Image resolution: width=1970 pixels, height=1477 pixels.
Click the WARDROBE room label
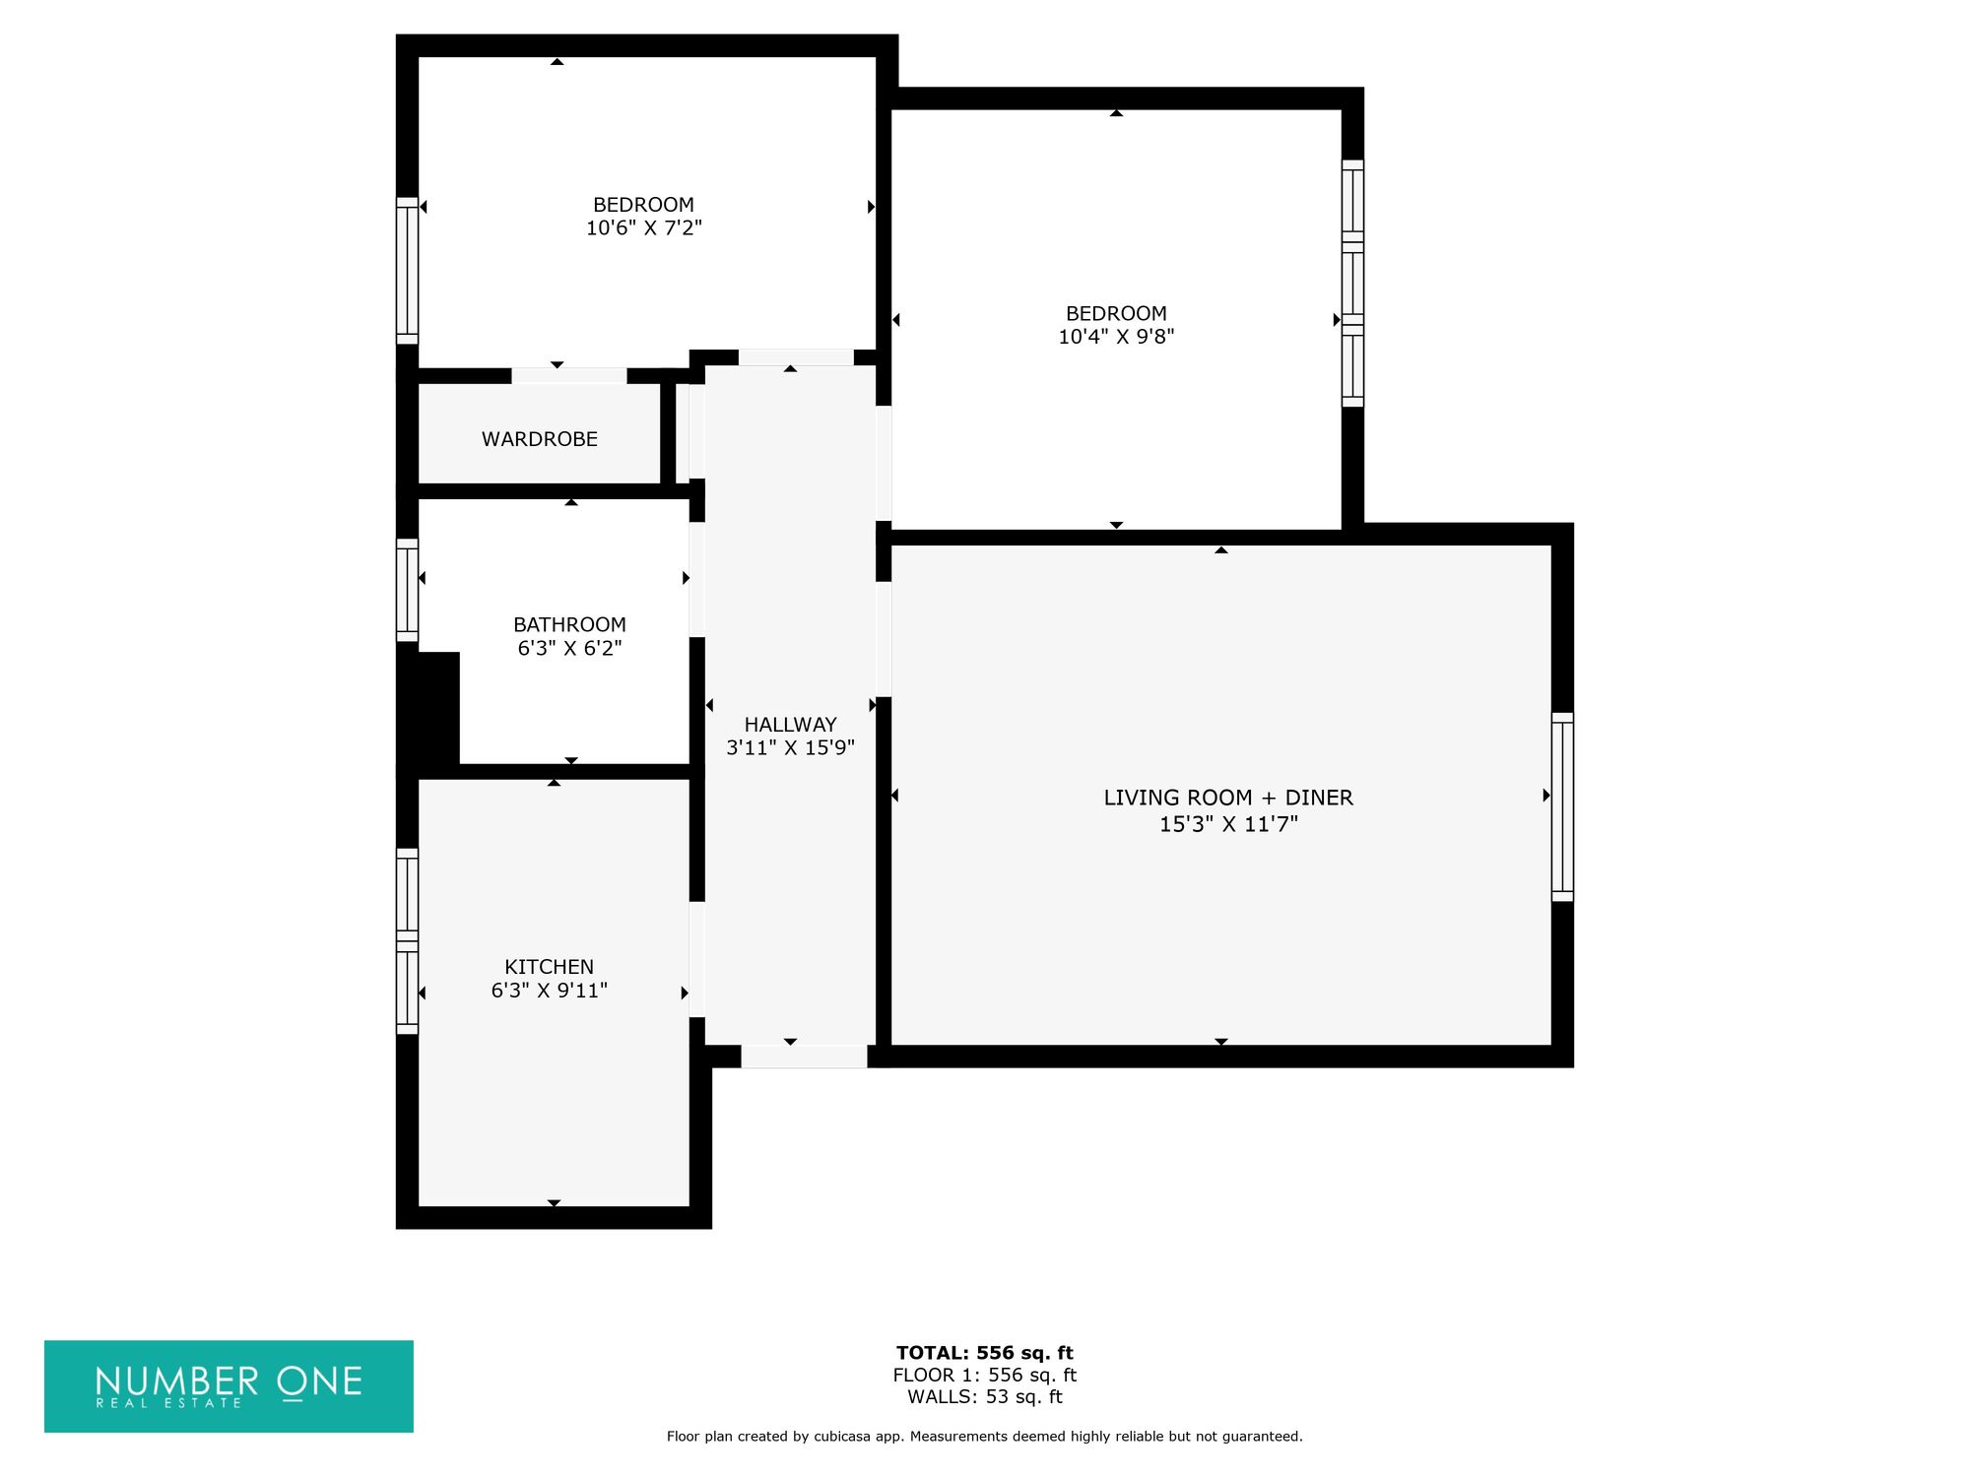pos(540,439)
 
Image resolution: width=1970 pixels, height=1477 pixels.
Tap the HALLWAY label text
pos(790,724)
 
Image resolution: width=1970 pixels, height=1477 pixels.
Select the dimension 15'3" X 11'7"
pos(1228,824)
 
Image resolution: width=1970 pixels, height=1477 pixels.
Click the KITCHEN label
pos(549,967)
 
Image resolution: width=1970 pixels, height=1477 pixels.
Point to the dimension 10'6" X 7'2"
pos(644,228)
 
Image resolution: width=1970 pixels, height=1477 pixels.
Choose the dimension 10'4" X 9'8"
pos(1116,337)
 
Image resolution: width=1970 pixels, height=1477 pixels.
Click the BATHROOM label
pos(569,624)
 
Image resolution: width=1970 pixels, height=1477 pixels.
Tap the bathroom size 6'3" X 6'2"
pos(569,648)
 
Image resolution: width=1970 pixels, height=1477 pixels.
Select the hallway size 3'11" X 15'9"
pos(790,747)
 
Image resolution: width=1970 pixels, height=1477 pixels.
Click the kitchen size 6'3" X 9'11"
pos(549,991)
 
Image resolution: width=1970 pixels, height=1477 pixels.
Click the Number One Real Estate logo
pos(229,1385)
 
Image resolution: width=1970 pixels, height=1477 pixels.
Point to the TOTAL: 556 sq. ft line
pos(985,1353)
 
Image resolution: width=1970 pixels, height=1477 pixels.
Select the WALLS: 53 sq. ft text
pos(985,1397)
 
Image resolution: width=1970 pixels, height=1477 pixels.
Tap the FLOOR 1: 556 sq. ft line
pos(985,1376)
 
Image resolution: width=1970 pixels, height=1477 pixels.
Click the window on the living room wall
pos(1562,806)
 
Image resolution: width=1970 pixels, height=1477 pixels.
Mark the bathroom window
pos(407,590)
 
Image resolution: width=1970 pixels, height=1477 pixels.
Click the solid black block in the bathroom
pos(428,708)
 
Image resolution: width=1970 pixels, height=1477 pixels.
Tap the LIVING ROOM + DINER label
pos(1228,798)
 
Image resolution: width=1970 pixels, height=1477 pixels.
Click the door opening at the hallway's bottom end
pos(804,1057)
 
